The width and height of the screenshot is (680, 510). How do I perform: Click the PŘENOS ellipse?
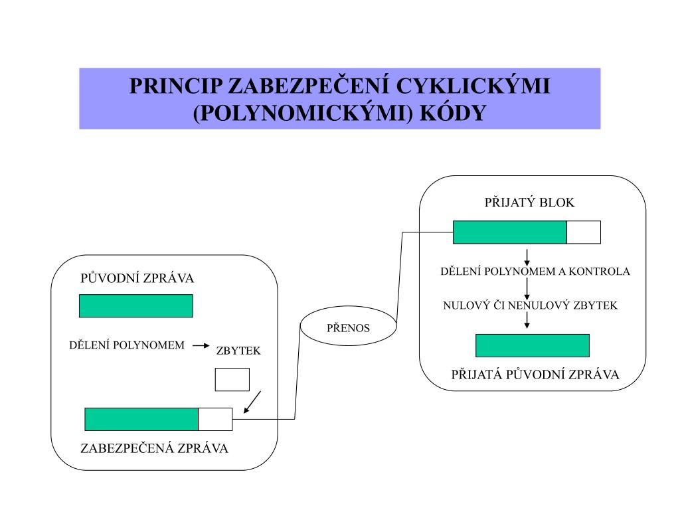pyautogui.click(x=348, y=327)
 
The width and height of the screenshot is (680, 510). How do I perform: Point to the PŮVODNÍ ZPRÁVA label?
pyautogui.click(x=137, y=278)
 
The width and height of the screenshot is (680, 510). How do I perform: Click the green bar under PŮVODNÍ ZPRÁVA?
pyautogui.click(x=135, y=305)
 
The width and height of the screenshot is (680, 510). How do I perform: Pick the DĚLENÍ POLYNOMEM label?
pyautogui.click(x=127, y=345)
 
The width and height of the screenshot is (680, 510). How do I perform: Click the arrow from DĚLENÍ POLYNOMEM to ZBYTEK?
pyautogui.click(x=201, y=345)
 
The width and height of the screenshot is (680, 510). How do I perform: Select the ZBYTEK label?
pyautogui.click(x=238, y=351)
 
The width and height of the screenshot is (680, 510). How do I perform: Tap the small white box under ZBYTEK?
pyautogui.click(x=232, y=379)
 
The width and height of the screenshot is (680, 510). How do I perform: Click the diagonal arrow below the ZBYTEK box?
pyautogui.click(x=252, y=402)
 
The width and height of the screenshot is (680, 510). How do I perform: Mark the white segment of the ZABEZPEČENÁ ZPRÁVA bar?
pyautogui.click(x=215, y=419)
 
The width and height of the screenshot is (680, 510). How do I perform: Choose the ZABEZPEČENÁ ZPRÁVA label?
pyautogui.click(x=154, y=448)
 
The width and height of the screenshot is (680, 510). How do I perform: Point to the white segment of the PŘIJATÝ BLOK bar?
pyautogui.click(x=583, y=232)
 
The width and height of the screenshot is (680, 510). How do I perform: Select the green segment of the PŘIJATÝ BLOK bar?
pyautogui.click(x=509, y=232)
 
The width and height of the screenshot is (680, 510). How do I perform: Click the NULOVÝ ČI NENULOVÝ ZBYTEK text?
pyautogui.click(x=530, y=306)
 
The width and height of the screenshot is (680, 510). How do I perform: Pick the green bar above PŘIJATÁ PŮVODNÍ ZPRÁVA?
pyautogui.click(x=532, y=345)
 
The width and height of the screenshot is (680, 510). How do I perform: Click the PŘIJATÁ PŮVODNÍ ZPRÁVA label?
pyautogui.click(x=535, y=375)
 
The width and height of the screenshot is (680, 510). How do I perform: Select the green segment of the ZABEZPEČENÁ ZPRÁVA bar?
pyautogui.click(x=141, y=419)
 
